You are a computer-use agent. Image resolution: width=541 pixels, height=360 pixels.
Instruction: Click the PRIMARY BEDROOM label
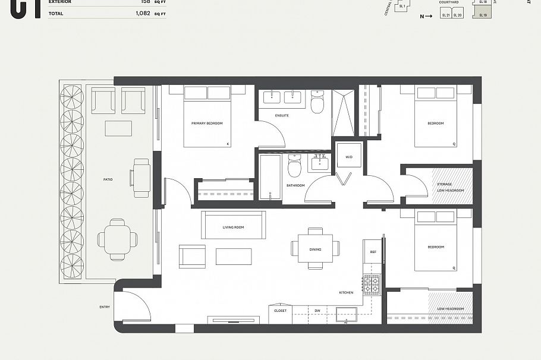[x=207, y=124]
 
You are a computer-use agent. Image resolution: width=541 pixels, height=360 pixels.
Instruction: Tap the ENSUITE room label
[x=282, y=115]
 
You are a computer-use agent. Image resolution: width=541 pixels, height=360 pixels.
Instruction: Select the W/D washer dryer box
[x=348, y=157]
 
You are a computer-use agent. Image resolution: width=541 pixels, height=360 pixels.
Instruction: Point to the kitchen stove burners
[x=372, y=285]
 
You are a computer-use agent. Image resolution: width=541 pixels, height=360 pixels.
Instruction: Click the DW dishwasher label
[x=317, y=311]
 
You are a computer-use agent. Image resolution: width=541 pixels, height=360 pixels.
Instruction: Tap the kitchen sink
[x=345, y=314]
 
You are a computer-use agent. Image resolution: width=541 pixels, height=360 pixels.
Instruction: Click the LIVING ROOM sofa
[x=233, y=225]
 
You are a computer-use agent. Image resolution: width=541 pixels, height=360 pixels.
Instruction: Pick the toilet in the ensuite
[x=317, y=103]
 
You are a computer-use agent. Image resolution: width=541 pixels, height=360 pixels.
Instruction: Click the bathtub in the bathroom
[x=270, y=176]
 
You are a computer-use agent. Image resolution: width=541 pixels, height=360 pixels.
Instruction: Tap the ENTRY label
[x=105, y=307]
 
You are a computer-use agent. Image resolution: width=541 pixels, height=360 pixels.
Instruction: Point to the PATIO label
[x=108, y=179]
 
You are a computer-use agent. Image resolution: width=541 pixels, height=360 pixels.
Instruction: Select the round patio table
[x=118, y=239]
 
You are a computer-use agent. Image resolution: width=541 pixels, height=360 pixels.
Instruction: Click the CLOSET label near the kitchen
[x=280, y=311]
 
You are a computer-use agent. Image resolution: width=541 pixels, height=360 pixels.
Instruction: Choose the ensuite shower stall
[x=343, y=112]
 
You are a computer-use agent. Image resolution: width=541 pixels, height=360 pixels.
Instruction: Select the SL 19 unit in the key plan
[x=483, y=14]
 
